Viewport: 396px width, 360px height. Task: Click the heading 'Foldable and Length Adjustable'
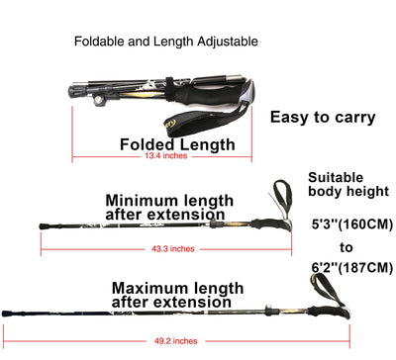[166, 43]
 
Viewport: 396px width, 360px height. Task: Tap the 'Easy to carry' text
[323, 117]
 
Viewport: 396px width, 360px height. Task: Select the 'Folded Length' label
[178, 144]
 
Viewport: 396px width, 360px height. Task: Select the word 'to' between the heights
[346, 246]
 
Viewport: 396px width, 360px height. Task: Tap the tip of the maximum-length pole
[5, 317]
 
